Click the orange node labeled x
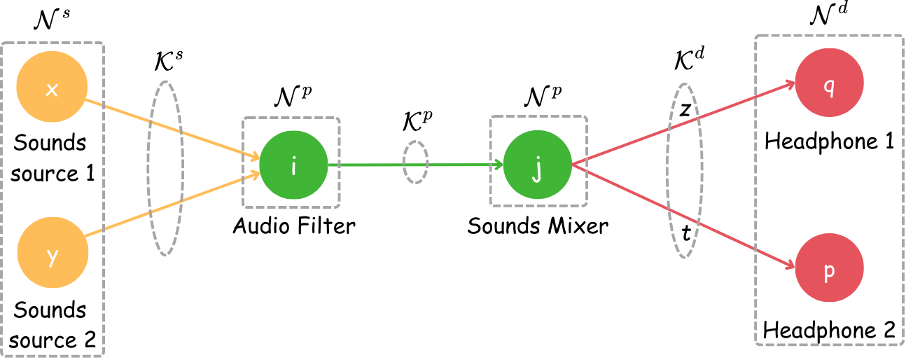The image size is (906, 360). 52,87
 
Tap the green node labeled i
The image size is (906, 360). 293,165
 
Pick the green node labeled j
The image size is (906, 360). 537,165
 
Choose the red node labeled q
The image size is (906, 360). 829,83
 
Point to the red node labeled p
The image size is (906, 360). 829,268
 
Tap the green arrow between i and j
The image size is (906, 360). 371,165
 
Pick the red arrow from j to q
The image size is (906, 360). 630,144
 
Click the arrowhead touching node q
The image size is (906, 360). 790,85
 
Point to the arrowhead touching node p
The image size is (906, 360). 789,265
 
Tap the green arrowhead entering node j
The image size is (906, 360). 499,165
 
